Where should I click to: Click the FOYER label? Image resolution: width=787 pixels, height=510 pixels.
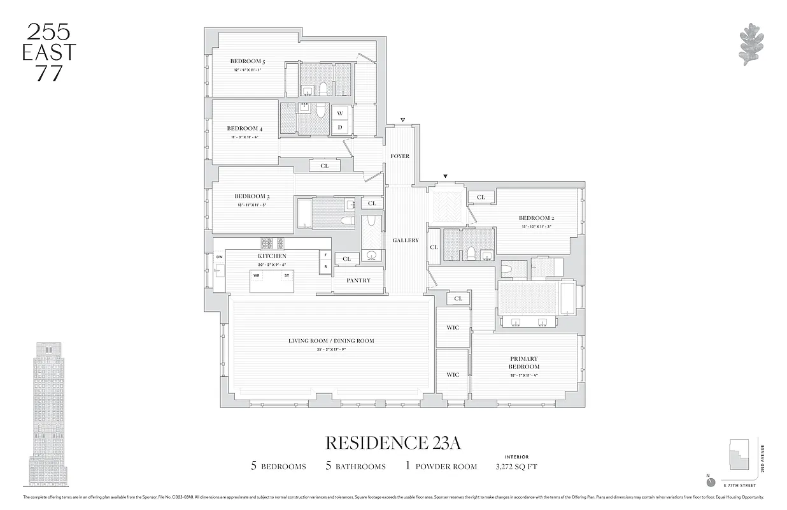point(400,156)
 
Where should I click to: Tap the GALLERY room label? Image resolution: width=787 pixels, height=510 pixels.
point(406,240)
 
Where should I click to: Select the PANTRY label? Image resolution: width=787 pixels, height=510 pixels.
point(358,280)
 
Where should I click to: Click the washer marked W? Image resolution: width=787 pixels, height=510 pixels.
point(340,113)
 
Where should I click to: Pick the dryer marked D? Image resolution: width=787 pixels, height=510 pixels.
point(340,127)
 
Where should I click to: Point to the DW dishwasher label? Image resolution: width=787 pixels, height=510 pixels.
point(219,257)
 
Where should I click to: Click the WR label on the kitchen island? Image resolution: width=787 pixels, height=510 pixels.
point(257,275)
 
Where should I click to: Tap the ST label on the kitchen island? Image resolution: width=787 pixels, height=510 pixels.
point(287,275)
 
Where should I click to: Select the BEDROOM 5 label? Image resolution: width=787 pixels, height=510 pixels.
point(248,62)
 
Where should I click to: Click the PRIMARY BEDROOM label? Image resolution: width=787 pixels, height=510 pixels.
point(523,363)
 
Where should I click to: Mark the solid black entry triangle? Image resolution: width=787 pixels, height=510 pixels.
point(446,176)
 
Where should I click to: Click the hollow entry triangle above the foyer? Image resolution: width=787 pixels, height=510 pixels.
point(402,120)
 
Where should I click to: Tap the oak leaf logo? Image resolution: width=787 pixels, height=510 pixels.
point(751,45)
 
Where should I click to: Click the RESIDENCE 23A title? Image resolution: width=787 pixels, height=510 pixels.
point(393,443)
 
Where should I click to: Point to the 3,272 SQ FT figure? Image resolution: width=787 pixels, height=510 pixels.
point(516,467)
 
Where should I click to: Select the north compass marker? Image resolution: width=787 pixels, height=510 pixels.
point(711,482)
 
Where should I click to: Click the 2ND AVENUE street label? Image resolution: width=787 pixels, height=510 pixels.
point(762,458)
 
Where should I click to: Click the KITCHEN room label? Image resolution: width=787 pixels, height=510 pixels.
point(272,256)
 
